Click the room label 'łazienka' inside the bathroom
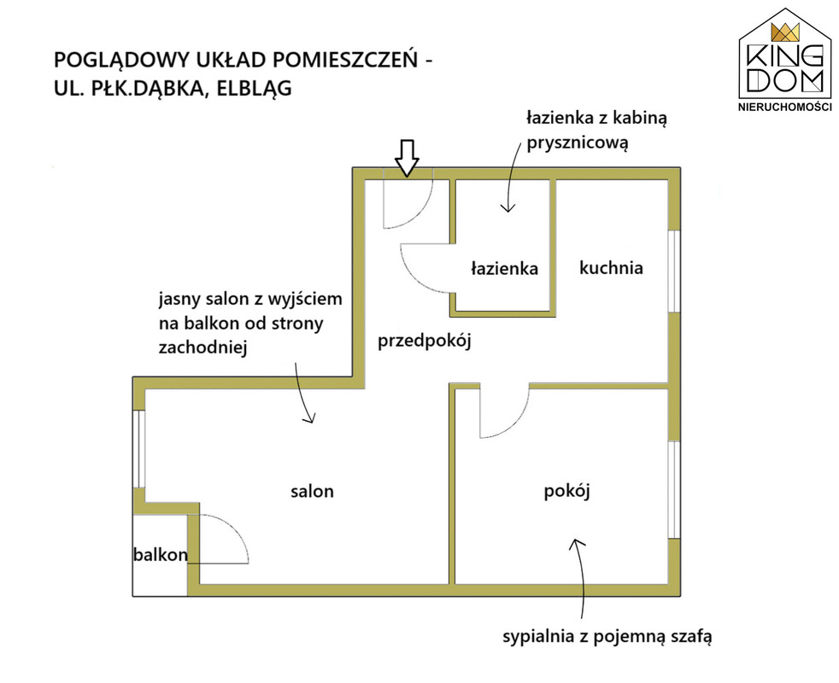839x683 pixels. click(504, 267)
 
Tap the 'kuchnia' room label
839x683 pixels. click(611, 267)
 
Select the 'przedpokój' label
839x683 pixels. click(425, 341)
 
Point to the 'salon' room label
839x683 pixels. click(312, 491)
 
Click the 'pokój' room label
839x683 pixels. click(566, 491)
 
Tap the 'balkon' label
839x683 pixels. click(160, 555)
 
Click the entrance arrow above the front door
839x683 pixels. click(407, 158)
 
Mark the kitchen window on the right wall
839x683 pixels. click(674, 271)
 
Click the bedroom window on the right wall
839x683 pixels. click(674, 489)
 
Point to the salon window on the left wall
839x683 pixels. click(138, 449)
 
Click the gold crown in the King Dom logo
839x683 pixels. click(785, 32)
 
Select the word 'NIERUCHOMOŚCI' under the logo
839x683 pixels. click(785, 107)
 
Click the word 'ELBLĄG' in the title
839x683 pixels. click(254, 88)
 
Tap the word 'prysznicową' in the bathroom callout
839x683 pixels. click(577, 143)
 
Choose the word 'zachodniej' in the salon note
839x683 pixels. click(202, 347)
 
